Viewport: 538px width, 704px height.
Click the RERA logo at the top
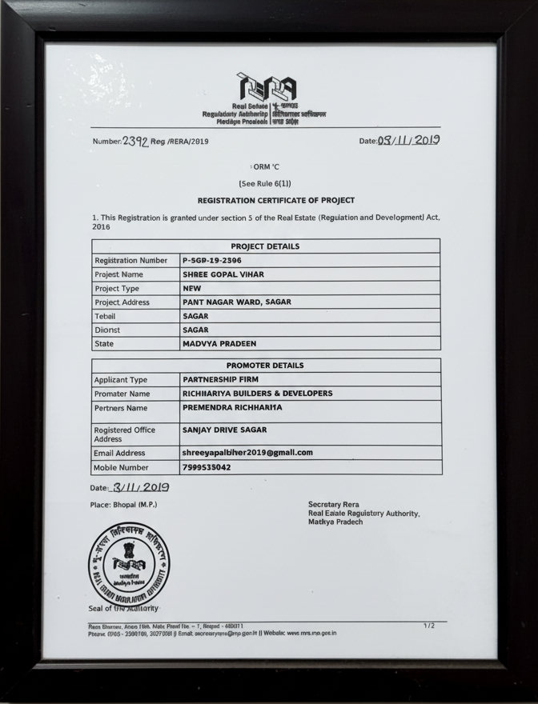point(267,86)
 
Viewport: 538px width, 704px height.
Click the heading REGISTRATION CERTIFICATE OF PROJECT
point(276,200)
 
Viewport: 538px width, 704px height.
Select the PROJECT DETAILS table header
point(265,246)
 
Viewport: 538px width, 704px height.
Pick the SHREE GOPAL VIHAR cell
point(223,274)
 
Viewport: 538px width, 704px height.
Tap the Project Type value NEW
point(192,288)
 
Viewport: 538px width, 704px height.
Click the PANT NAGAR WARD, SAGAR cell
point(237,302)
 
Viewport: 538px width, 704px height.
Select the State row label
point(104,344)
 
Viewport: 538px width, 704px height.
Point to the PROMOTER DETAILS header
point(265,366)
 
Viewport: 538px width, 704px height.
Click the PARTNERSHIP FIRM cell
point(221,379)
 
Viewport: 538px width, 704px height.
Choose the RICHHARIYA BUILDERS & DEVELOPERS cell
point(257,394)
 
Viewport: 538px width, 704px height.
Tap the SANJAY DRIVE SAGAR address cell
point(224,430)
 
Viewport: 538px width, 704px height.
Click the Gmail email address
point(247,453)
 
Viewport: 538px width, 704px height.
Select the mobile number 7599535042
point(207,467)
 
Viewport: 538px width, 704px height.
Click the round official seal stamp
point(129,564)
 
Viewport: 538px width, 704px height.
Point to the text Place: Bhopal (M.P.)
point(124,505)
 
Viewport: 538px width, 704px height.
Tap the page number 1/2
point(429,625)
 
